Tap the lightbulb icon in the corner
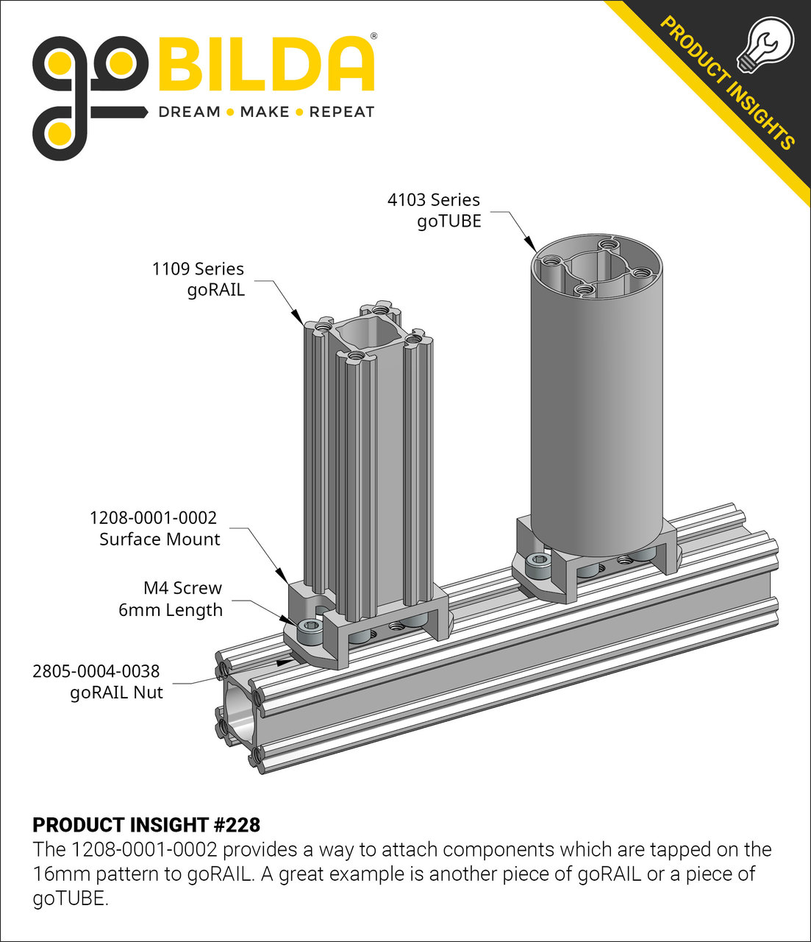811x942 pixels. tap(769, 44)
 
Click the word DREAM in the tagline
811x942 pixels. tap(190, 112)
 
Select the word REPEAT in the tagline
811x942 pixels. tap(342, 112)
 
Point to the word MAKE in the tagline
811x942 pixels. tap(265, 112)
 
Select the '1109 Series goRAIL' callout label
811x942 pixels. tap(199, 279)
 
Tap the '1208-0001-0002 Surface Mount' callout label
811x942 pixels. tap(154, 528)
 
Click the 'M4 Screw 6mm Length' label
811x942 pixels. tap(171, 599)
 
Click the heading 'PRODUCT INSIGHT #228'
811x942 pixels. tap(146, 824)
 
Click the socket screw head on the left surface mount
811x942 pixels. tap(310, 631)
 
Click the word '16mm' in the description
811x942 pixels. tap(61, 874)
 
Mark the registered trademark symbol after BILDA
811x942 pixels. tap(374, 35)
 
